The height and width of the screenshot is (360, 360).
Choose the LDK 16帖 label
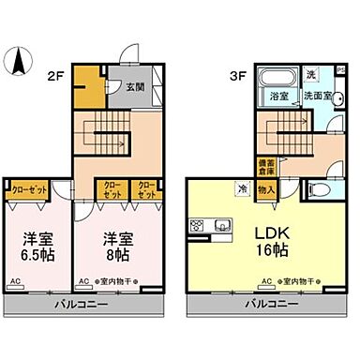270,240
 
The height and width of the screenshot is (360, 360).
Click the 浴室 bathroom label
278,96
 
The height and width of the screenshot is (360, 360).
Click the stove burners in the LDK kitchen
199,225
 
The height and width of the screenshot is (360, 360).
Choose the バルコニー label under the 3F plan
272,305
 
